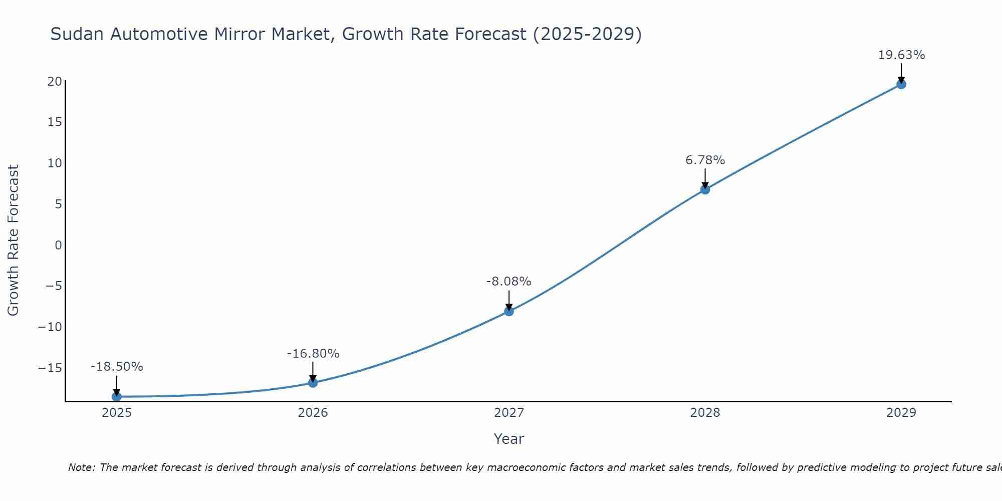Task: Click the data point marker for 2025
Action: (117, 396)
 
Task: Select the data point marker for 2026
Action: (313, 383)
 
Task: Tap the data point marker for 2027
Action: (509, 311)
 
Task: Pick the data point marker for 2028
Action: (705, 189)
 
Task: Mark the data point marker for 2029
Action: (901, 84)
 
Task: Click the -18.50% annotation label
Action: (117, 367)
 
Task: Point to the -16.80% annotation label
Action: (313, 354)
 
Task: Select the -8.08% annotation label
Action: (509, 282)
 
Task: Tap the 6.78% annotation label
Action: (705, 160)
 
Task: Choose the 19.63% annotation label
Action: (901, 55)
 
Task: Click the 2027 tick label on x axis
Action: (509, 413)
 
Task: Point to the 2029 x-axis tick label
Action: (901, 413)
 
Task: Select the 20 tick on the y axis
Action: (55, 81)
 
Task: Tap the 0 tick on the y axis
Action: (59, 245)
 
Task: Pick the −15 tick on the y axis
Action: (50, 368)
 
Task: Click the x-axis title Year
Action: (509, 439)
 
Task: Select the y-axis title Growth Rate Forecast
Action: (13, 240)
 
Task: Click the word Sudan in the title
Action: (78, 34)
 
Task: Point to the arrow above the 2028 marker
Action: (705, 178)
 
